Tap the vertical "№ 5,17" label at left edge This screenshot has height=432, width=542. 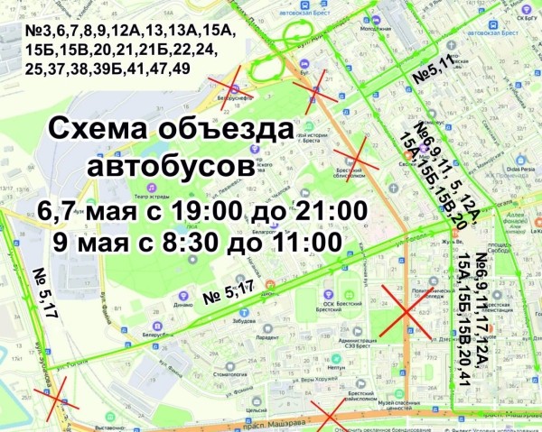(x=41, y=292)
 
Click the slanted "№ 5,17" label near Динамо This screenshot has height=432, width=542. (x=228, y=290)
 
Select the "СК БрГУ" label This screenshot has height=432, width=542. (x=523, y=16)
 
